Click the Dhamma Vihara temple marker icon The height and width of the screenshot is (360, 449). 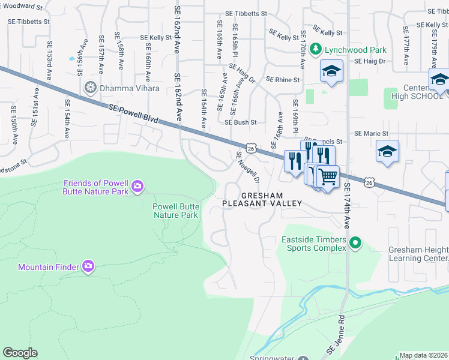pyautogui.click(x=91, y=88)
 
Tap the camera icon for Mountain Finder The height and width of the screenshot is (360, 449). pyautogui.click(x=88, y=266)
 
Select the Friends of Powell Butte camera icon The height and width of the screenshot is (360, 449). pyautogui.click(x=137, y=187)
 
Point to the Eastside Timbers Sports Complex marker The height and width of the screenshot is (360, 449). pyautogui.click(x=355, y=243)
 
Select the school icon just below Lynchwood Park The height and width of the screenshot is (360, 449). pyautogui.click(x=331, y=71)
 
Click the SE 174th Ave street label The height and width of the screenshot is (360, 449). pyautogui.click(x=346, y=207)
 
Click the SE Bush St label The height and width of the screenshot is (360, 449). pyautogui.click(x=241, y=122)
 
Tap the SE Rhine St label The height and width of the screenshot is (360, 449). pyautogui.click(x=282, y=79)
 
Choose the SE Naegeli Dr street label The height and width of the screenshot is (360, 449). pyautogui.click(x=248, y=167)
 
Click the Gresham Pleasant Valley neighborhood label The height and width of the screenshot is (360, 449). pyautogui.click(x=262, y=200)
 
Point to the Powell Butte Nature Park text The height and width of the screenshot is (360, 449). pyautogui.click(x=175, y=210)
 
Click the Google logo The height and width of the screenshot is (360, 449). pyautogui.click(x=20, y=353)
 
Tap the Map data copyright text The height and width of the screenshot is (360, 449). pyautogui.click(x=423, y=355)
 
